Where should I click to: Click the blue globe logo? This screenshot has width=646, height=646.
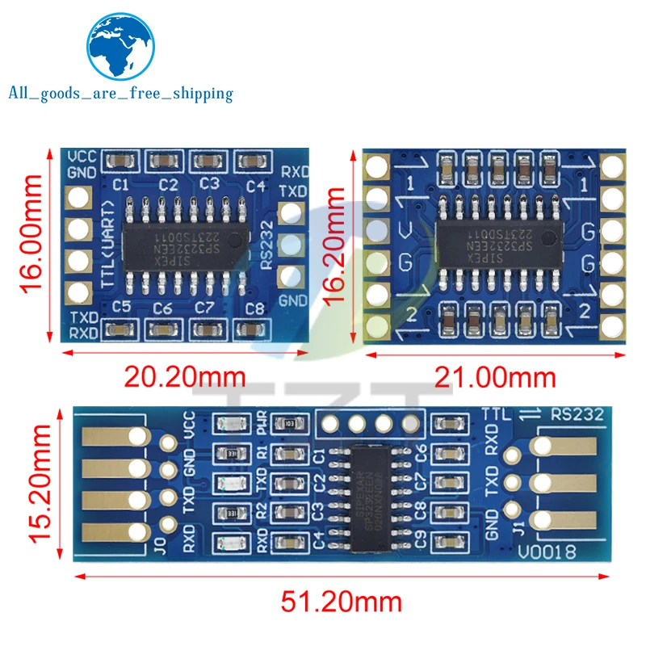(x=121, y=44)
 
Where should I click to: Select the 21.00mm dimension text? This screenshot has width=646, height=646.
(x=496, y=376)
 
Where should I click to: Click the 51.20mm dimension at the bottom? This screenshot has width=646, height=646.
(x=341, y=602)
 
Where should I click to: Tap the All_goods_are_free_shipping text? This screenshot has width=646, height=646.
(x=120, y=94)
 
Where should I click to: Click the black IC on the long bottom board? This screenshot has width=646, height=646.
(x=376, y=488)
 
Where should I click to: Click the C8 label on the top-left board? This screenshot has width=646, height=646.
(x=255, y=308)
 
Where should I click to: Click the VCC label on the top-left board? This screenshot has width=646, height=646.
(x=82, y=157)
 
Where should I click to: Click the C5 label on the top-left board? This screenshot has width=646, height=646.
(x=122, y=306)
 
